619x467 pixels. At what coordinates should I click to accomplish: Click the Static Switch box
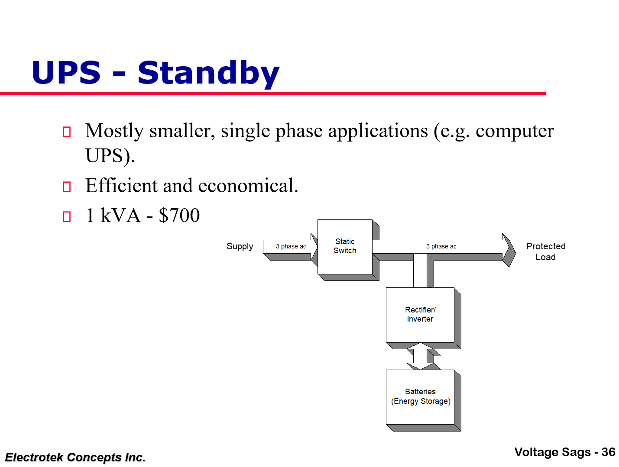point(345,246)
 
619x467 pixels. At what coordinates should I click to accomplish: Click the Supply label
point(240,246)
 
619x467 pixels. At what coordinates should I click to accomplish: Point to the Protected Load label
point(545,251)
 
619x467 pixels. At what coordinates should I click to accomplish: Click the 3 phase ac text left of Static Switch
point(291,246)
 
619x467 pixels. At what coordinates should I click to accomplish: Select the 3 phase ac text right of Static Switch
point(441,246)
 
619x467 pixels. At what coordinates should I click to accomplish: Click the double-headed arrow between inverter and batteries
point(420,356)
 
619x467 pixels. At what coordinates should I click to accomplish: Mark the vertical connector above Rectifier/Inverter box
point(420,271)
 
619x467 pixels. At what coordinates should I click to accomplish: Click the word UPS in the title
point(66,73)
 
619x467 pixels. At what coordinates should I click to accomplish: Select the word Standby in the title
point(208,73)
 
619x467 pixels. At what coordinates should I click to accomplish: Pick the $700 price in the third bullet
point(179,216)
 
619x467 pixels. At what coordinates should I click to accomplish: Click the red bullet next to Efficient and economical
point(67,187)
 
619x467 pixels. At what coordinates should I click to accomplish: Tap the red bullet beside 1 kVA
point(67,216)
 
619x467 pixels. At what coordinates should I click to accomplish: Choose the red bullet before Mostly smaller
point(67,132)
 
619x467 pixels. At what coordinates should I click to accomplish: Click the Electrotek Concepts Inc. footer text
point(75,457)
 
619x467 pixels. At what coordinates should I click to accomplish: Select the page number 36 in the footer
point(608,452)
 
